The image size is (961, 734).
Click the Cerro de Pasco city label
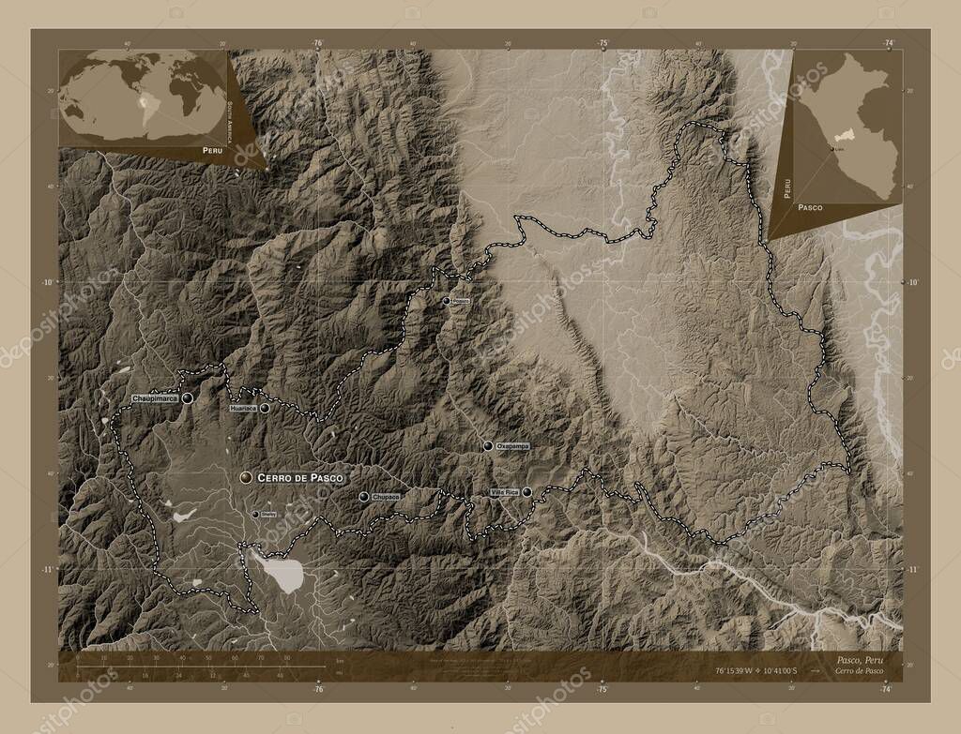coord(294,477)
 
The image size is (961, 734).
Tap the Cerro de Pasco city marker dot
coord(246,477)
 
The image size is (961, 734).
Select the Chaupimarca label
coord(155,398)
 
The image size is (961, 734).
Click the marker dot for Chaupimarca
coord(188,398)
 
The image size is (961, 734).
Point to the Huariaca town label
coord(242,409)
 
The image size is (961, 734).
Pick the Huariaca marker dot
coord(265,409)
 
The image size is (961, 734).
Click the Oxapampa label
coord(512,446)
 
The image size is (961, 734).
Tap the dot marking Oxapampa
coord(488,446)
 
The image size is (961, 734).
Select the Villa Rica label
coord(504,492)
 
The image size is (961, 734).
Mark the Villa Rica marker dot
coord(526,492)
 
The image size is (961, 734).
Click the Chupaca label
coord(386,497)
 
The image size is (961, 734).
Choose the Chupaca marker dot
coord(363,497)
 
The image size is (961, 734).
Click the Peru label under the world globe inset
coord(211,150)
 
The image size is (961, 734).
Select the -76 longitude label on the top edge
coord(317,43)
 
